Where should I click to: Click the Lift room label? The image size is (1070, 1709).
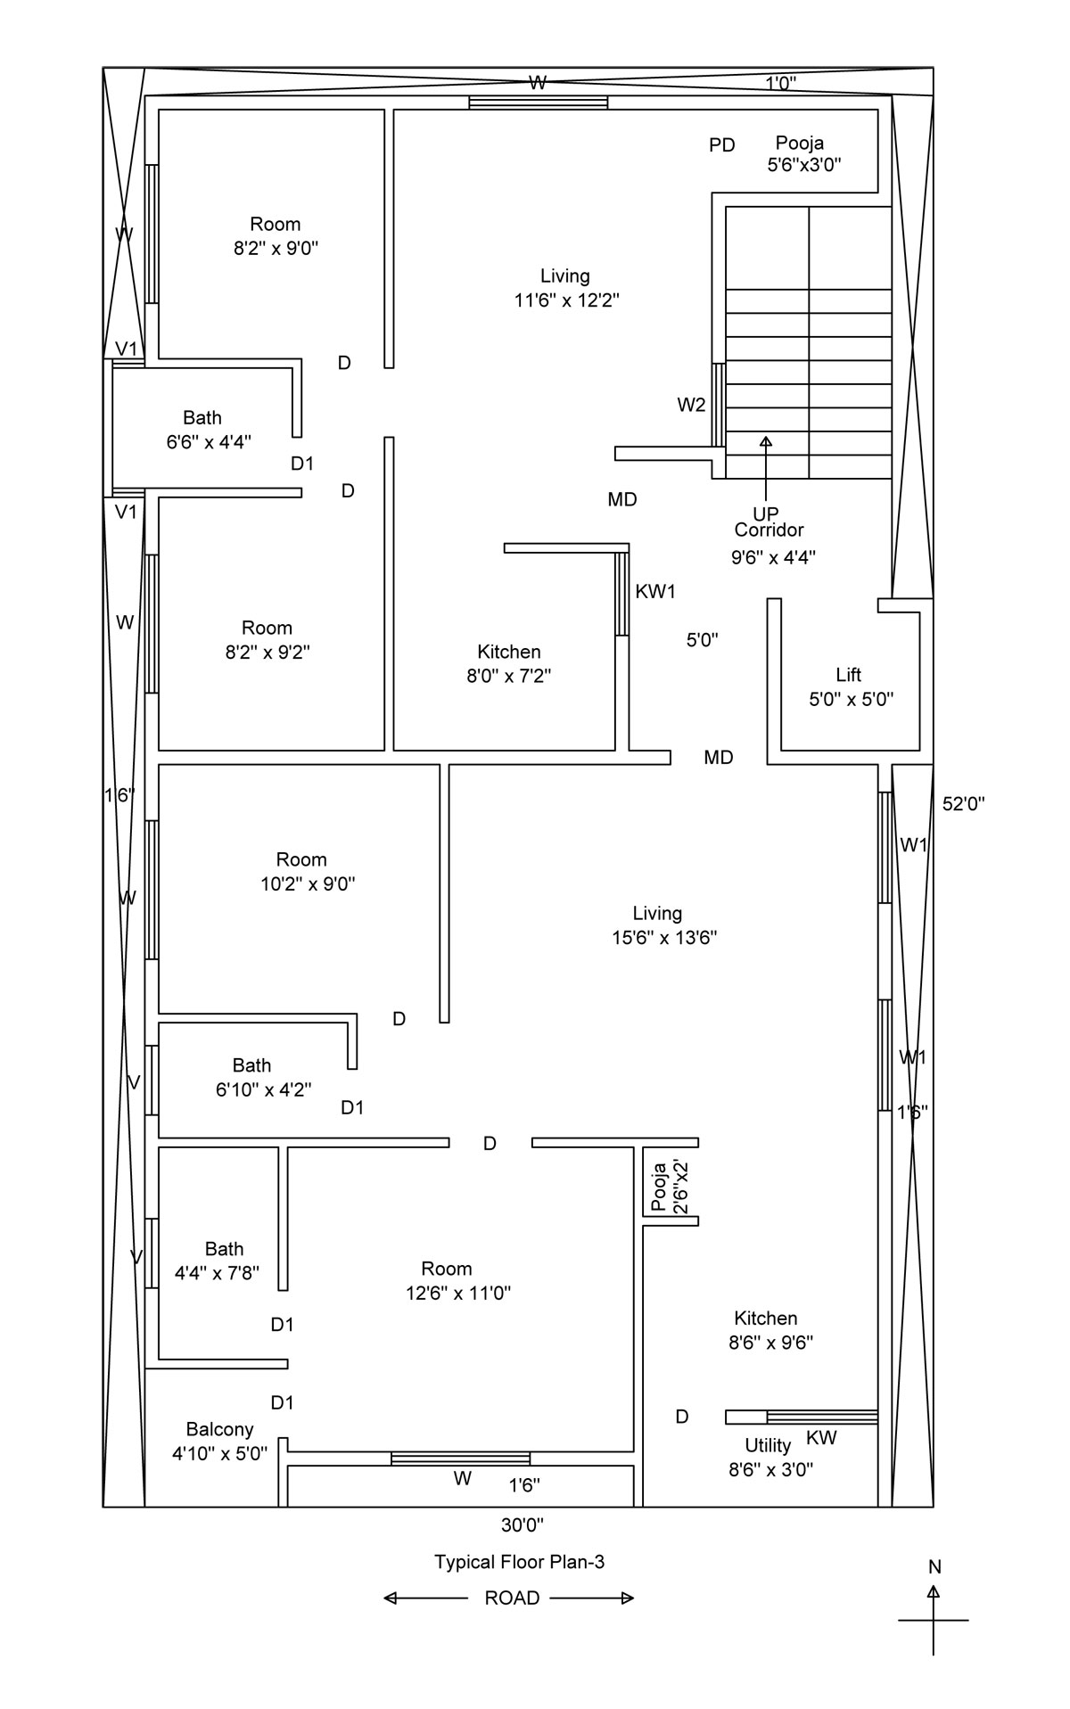pyautogui.click(x=851, y=686)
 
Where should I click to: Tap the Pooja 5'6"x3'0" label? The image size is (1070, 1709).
pyautogui.click(x=804, y=153)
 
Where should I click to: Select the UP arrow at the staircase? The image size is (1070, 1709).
pyautogui.click(x=765, y=469)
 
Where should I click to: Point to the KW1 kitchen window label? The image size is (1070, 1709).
pyautogui.click(x=655, y=591)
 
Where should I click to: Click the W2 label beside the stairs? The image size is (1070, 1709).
pyautogui.click(x=691, y=405)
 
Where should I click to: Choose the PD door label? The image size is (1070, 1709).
pyautogui.click(x=722, y=144)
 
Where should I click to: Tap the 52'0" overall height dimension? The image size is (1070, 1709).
pyautogui.click(x=963, y=803)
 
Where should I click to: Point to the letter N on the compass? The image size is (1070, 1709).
pyautogui.click(x=934, y=1566)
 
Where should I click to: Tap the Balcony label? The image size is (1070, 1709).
pyautogui.click(x=219, y=1442)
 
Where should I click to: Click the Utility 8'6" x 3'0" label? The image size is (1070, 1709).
pyautogui.click(x=770, y=1458)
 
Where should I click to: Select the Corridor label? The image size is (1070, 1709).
pyautogui.click(x=770, y=530)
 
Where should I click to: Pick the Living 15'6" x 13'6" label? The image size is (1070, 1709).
pyautogui.click(x=659, y=924)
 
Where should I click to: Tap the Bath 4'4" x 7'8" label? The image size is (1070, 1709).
pyautogui.click(x=218, y=1261)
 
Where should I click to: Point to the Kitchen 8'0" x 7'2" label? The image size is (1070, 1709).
pyautogui.click(x=508, y=663)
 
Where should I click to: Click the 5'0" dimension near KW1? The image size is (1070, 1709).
pyautogui.click(x=703, y=639)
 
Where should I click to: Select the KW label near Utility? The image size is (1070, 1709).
pyautogui.click(x=821, y=1437)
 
